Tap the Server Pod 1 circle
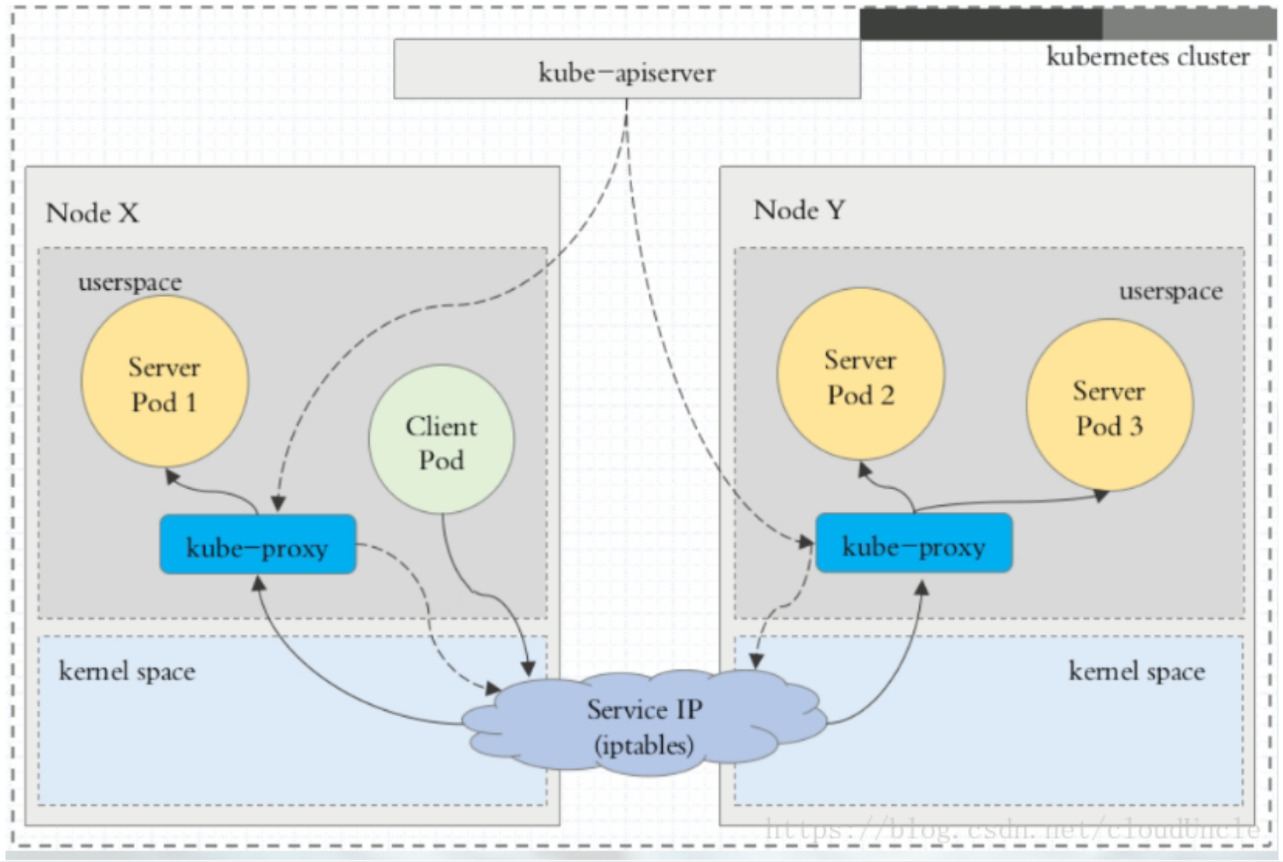[x=164, y=382]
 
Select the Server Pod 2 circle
[x=861, y=375]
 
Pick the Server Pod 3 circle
[x=1109, y=406]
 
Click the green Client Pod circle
[x=441, y=440]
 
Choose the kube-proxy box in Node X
[x=257, y=545]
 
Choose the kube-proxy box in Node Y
[x=914, y=543]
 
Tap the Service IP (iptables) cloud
[x=644, y=726]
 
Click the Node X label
[x=92, y=213]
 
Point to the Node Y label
[x=799, y=210]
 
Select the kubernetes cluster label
[x=1147, y=57]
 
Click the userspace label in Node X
[x=129, y=282]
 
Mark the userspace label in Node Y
[x=1171, y=291]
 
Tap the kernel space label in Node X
[x=127, y=671]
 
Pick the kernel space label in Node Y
[x=1136, y=671]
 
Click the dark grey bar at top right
[x=981, y=24]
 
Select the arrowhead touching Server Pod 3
[x=1101, y=495]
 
